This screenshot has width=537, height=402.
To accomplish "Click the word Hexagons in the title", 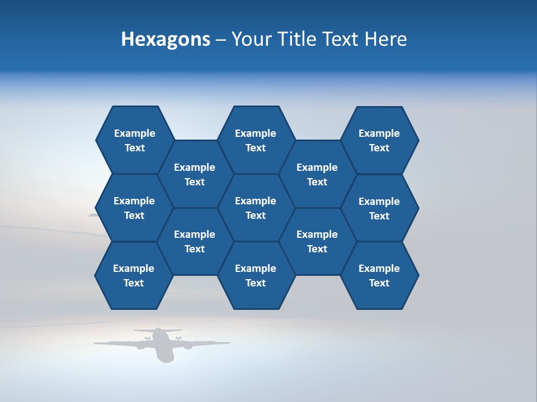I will [x=166, y=39].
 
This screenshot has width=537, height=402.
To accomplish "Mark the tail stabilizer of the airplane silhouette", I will [x=158, y=330].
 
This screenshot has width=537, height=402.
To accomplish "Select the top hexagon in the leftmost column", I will [x=134, y=140].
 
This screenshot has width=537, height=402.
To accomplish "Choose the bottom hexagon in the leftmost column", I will [x=134, y=275].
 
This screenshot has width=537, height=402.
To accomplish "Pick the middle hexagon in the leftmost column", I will [x=134, y=208].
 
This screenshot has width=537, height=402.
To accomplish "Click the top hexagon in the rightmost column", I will [x=379, y=140].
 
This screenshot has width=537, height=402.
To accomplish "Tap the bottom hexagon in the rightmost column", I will [x=379, y=275].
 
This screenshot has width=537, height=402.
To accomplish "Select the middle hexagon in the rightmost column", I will [x=379, y=208].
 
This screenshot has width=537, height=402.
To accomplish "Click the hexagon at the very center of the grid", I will [x=256, y=208].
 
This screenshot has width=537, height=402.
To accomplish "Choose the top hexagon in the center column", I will [x=256, y=140].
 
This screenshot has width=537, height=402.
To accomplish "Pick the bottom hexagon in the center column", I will [x=256, y=275].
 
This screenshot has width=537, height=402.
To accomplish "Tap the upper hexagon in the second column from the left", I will [x=195, y=174].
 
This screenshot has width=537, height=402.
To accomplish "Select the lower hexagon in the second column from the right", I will [x=317, y=241].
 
